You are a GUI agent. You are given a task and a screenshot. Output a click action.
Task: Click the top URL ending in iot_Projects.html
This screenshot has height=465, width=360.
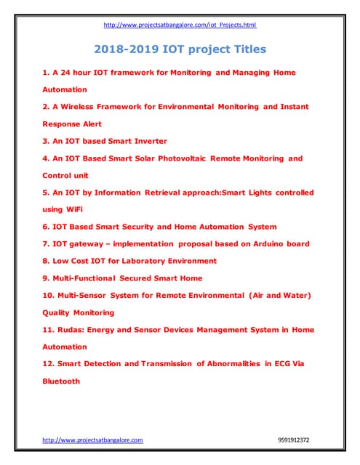[180, 25]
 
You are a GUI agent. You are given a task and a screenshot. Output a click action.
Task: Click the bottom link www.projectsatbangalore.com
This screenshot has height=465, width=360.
[92, 440]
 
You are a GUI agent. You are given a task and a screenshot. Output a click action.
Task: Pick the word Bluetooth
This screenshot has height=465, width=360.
[61, 381]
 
